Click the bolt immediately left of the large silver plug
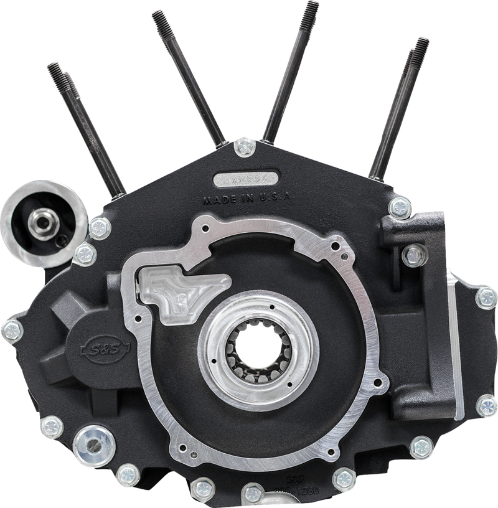click(46, 426)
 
